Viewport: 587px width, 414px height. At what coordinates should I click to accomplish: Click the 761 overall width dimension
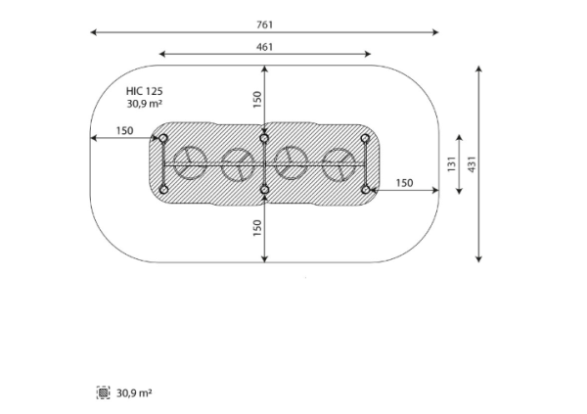[265, 24]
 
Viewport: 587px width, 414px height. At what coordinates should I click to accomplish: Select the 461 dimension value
[265, 47]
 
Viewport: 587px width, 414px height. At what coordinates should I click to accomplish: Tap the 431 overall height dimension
[472, 164]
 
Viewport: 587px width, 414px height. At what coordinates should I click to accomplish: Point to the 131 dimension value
[451, 164]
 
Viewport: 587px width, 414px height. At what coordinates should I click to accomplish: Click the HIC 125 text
[145, 91]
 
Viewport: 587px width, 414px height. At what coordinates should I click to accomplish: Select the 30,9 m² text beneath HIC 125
[145, 104]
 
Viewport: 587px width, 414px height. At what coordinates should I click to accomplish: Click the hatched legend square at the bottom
[104, 392]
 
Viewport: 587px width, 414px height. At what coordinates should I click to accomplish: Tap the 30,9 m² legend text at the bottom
[134, 393]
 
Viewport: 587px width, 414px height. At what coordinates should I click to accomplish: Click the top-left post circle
[163, 139]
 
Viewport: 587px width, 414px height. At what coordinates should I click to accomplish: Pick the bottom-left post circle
[163, 190]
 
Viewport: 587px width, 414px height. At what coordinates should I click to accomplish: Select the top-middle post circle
[264, 139]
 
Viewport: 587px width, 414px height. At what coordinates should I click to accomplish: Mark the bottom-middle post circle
[265, 190]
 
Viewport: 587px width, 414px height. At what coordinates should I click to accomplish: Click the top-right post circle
[365, 139]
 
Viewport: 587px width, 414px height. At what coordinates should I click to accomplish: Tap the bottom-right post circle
[366, 190]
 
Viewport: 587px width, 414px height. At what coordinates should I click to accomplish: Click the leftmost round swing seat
[190, 163]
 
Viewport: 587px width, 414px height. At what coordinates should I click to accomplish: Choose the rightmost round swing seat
[339, 165]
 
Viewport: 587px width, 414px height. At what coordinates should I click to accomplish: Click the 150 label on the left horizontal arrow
[124, 131]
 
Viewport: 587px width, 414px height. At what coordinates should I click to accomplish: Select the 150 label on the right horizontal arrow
[405, 183]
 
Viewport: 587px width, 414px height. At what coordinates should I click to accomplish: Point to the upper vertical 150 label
[257, 100]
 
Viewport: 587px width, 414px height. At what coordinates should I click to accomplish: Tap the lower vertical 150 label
[257, 228]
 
